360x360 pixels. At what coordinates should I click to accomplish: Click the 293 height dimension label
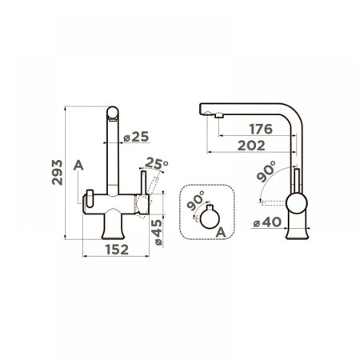(57, 172)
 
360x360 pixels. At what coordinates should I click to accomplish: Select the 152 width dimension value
(117, 250)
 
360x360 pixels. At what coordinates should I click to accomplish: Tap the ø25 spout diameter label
(136, 137)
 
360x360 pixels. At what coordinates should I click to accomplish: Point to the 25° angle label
(157, 163)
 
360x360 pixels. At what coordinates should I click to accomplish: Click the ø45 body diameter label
(158, 232)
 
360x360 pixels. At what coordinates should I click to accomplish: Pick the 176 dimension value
(261, 129)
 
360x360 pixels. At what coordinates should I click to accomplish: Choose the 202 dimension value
(251, 146)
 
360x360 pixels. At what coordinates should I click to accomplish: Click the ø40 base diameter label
(267, 222)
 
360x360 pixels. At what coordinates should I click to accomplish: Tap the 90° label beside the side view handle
(266, 171)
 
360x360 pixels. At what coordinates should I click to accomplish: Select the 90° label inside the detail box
(196, 201)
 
